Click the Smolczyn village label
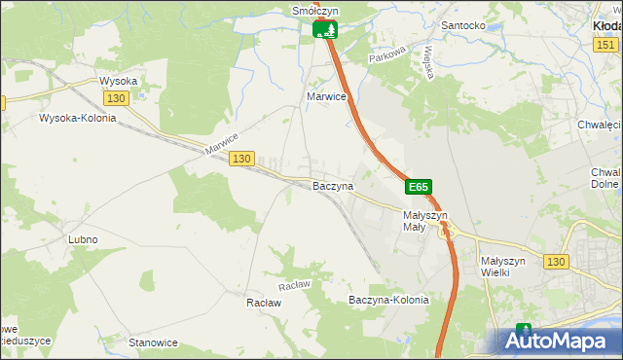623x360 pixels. pyautogui.click(x=314, y=11)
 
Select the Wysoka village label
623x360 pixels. pyautogui.click(x=118, y=81)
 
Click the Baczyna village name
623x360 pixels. pyautogui.click(x=332, y=185)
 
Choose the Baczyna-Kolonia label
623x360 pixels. pyautogui.click(x=388, y=300)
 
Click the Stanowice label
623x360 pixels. pyautogui.click(x=153, y=342)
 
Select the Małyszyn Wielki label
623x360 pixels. pyautogui.click(x=503, y=267)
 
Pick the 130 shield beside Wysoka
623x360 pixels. pyautogui.click(x=116, y=98)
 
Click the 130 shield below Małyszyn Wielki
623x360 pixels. pyautogui.click(x=556, y=262)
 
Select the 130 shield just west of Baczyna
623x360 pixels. pyautogui.click(x=242, y=158)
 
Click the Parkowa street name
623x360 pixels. pyautogui.click(x=385, y=58)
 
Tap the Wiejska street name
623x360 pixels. pyautogui.click(x=426, y=67)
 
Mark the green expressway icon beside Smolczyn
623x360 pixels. pyautogui.click(x=326, y=29)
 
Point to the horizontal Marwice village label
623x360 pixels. pyautogui.click(x=326, y=97)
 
